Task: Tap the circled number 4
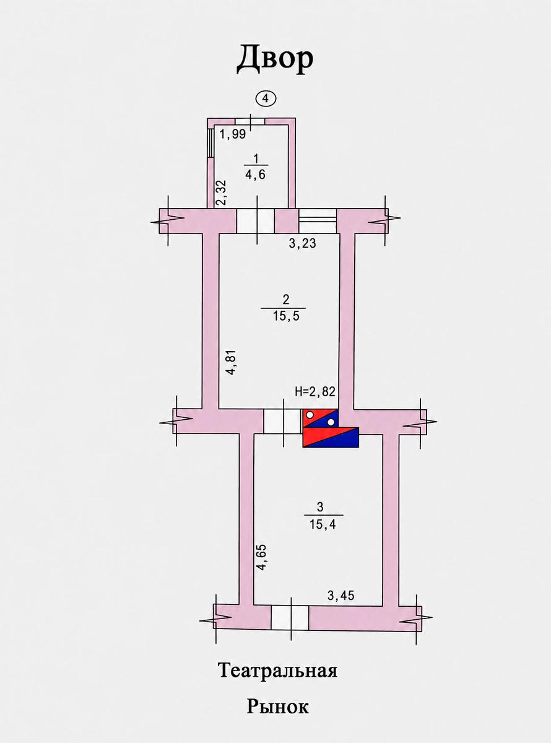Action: click(266, 98)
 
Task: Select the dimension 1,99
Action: click(232, 134)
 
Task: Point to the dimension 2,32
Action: click(222, 193)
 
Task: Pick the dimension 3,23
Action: click(303, 243)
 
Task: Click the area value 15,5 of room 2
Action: click(286, 316)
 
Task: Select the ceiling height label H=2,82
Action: click(315, 391)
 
